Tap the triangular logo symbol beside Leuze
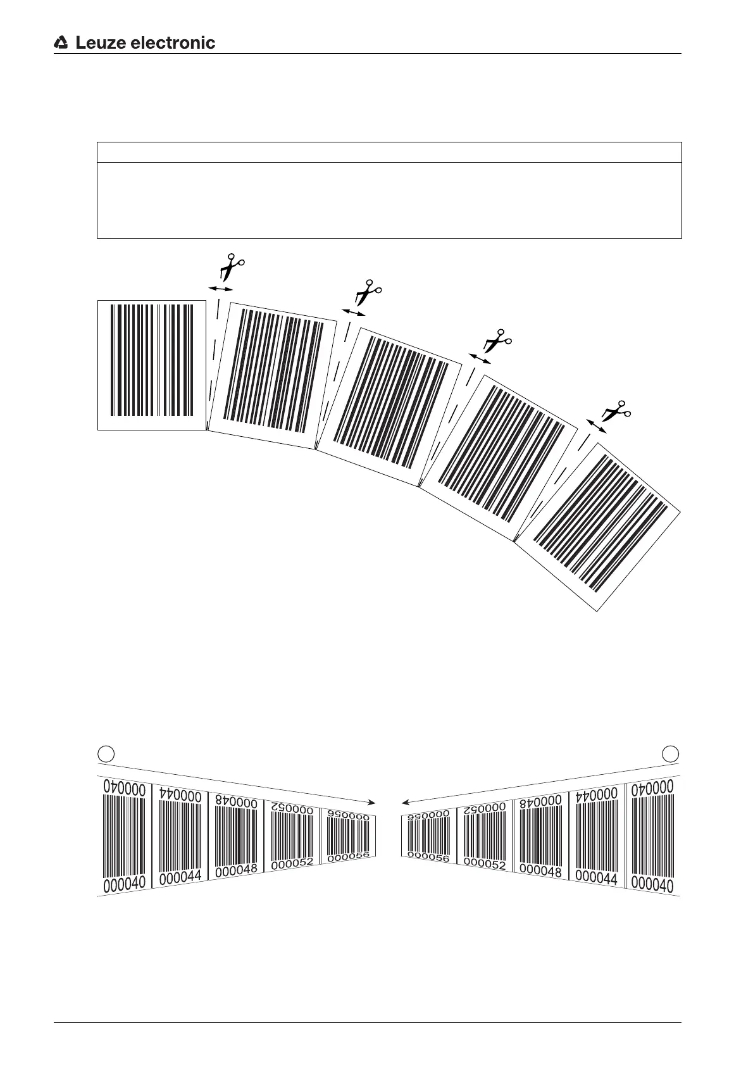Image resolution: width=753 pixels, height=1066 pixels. point(61,43)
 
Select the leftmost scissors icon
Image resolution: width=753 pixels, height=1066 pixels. point(232,266)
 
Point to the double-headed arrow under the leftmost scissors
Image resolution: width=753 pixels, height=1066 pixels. point(221,289)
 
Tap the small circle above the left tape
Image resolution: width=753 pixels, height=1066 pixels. point(107,753)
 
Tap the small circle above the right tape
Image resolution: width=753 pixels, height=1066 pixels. point(671,753)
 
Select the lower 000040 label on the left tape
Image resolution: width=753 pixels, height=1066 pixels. point(124,884)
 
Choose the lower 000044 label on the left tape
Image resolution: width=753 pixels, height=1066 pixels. point(180,877)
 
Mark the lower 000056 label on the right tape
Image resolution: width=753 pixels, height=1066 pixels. point(428,858)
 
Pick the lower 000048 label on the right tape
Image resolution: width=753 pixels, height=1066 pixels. point(541,871)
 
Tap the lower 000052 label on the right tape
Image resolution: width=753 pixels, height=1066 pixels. point(485,863)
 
